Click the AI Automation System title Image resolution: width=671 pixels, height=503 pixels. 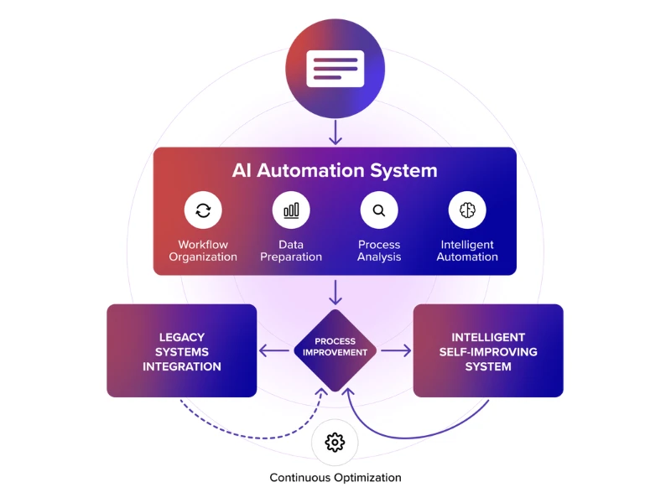coord(335,171)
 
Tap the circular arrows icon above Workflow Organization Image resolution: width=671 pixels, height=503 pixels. coord(203,210)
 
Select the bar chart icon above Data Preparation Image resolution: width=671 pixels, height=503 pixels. coord(291,210)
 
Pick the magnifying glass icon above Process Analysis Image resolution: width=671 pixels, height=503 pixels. coord(379,210)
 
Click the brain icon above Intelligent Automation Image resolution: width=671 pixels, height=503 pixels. coord(467,210)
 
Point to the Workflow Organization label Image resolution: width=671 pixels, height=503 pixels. coord(203,251)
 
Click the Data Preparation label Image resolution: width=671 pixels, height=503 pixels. coord(291,251)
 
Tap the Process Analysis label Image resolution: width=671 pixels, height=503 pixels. coord(379,251)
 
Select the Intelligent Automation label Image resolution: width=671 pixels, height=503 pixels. coord(467,251)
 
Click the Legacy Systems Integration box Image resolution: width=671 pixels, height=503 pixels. coord(182,350)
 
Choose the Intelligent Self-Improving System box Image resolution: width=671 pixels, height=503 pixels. coord(487,350)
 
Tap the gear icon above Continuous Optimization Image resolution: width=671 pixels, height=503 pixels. coord(335,442)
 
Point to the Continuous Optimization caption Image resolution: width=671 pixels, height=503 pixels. coord(335,478)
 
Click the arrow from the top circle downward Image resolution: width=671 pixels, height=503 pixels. coord(335,132)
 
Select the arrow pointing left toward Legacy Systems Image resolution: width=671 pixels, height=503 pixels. coord(274,351)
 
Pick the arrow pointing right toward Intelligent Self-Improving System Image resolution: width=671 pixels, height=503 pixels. coord(396,351)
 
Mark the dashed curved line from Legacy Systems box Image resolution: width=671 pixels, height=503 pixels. coord(243,432)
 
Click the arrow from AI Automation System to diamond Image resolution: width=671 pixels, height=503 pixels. coord(335,292)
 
